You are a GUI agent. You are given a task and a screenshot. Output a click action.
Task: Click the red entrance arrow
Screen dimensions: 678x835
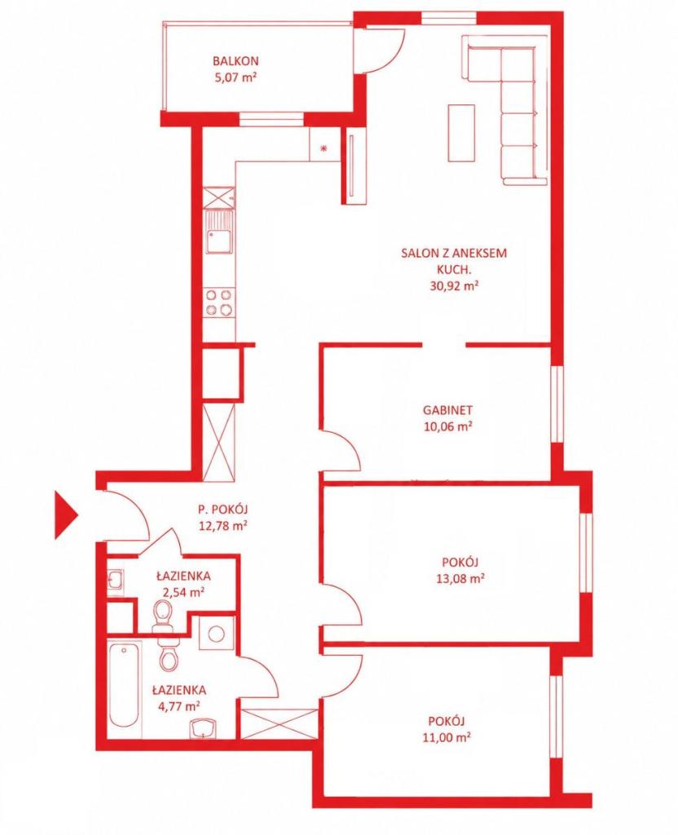[66, 515]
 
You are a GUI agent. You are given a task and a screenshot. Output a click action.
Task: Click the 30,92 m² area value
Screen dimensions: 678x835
[454, 285]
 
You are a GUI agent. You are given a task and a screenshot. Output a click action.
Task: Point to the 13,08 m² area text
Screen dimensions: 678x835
[460, 578]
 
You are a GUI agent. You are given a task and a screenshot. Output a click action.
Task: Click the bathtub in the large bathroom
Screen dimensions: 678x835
[124, 685]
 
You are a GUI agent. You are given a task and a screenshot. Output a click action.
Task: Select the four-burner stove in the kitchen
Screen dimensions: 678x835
[219, 302]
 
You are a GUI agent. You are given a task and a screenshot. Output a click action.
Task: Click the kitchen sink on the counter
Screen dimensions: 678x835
[219, 232]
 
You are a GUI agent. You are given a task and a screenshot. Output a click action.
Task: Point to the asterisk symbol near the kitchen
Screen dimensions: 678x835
[323, 148]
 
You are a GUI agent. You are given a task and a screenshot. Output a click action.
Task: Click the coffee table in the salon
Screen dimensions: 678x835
[461, 133]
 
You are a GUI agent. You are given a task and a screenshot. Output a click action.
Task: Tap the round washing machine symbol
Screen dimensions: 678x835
[216, 634]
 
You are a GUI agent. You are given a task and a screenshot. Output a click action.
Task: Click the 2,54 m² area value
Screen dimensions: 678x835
[183, 592]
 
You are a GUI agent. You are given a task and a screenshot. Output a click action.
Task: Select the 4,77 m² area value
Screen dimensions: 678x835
[178, 706]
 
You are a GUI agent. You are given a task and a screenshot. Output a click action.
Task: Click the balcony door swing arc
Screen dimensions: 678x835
[390, 56]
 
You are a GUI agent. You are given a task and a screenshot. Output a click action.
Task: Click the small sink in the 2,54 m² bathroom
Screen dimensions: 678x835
[116, 580]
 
